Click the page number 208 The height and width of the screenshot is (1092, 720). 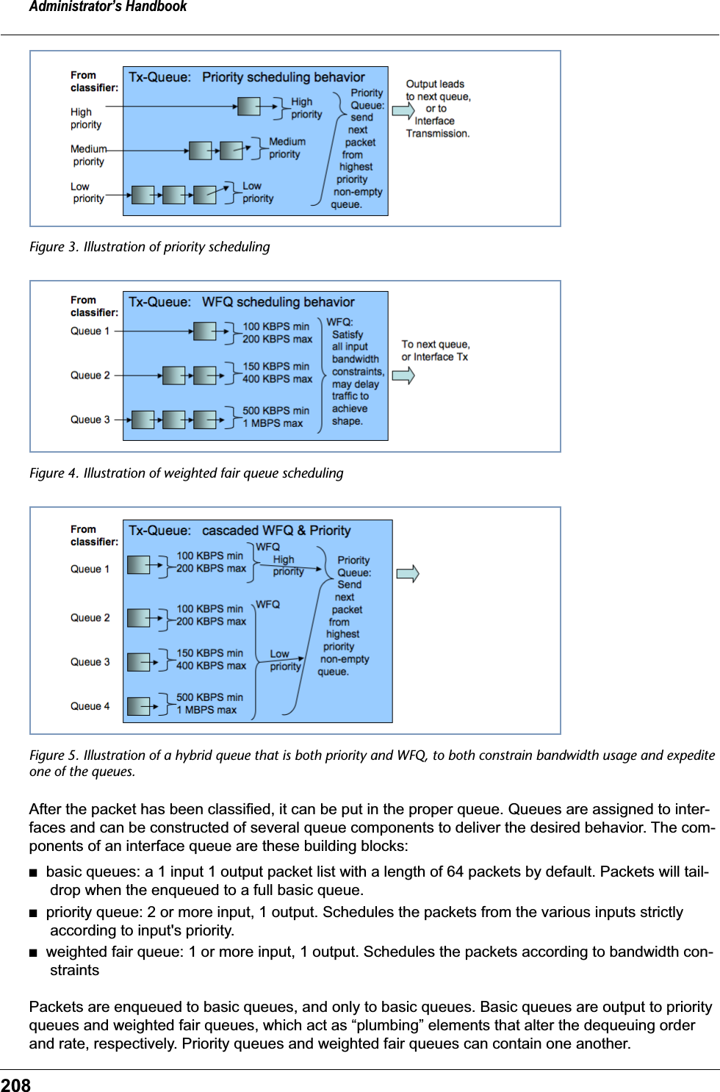coord(15,1085)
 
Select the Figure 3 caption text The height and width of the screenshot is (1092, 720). coord(149,247)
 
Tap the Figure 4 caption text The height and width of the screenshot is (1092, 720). coord(186,473)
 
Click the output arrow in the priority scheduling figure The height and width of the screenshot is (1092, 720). coord(403,111)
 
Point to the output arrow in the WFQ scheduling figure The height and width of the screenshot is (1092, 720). coord(403,376)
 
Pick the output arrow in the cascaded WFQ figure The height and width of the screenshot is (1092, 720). coord(408,573)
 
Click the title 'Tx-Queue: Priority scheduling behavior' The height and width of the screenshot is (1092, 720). coord(247,77)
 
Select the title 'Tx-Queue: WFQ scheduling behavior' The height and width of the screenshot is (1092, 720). coord(242,302)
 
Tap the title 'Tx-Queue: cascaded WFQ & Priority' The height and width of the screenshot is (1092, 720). coord(240,531)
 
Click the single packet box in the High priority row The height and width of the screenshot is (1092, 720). coord(248,107)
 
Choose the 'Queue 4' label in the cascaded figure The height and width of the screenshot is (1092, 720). coord(90,706)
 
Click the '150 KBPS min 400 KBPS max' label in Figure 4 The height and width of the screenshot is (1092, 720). coord(277,373)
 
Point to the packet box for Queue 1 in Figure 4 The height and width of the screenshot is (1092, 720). coord(204,331)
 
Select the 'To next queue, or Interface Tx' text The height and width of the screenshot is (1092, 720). coord(435,351)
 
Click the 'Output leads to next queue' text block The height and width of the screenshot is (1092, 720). coord(438,109)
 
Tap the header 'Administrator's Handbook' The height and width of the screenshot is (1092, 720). coord(108,7)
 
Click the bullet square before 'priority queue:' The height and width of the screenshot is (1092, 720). coord(33,913)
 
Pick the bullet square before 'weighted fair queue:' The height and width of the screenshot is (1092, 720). coord(33,953)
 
